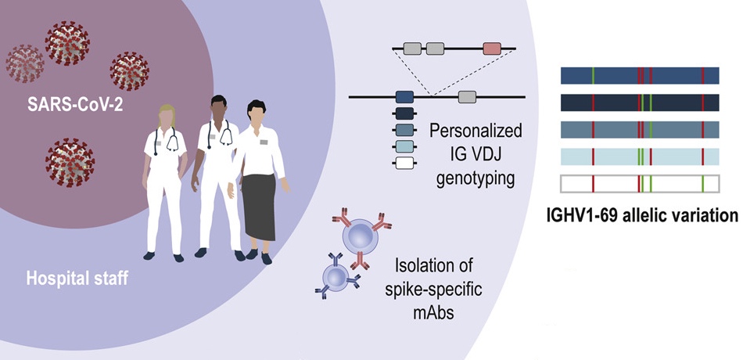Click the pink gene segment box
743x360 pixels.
492,49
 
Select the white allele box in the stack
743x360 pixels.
404,164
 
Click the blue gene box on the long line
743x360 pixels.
404,97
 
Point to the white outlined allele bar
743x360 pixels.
641,185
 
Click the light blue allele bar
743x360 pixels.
641,156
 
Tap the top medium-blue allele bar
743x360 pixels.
641,75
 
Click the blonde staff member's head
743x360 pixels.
168,118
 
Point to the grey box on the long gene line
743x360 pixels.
467,97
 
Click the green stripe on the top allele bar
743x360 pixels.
593,75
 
